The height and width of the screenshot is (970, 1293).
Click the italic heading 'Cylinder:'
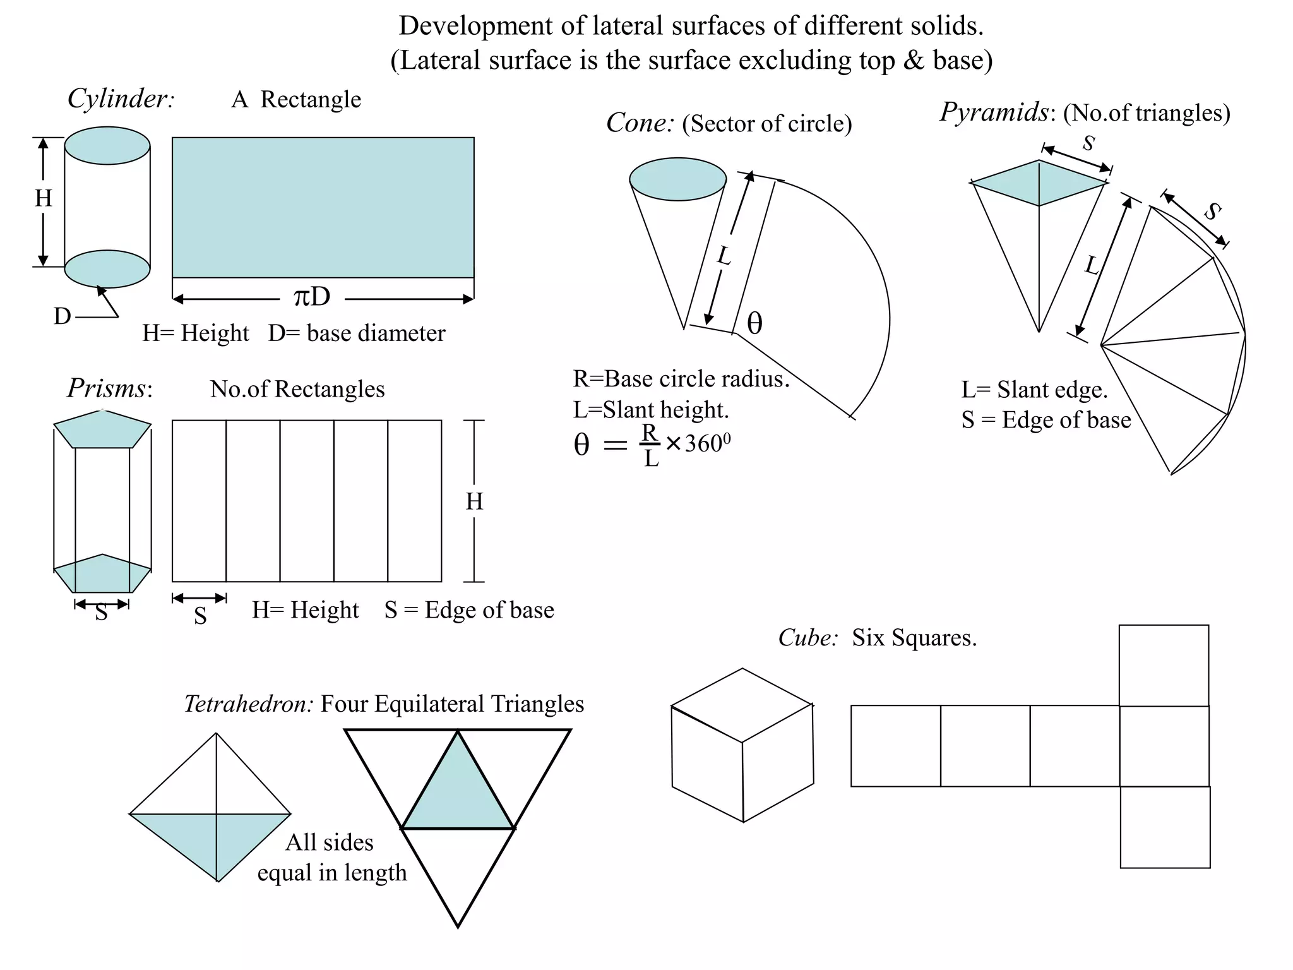pyautogui.click(x=121, y=99)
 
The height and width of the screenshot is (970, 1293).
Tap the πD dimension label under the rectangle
pyautogui.click(x=312, y=297)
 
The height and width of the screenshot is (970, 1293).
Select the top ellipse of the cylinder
pyautogui.click(x=107, y=146)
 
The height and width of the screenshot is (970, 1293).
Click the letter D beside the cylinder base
pyautogui.click(x=62, y=316)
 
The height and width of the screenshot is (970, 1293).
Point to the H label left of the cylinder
pyautogui.click(x=43, y=198)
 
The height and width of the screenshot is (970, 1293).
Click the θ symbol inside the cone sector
pyautogui.click(x=754, y=324)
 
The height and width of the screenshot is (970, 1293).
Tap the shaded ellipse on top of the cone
pyautogui.click(x=677, y=179)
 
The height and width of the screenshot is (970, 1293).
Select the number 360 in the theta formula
pyautogui.click(x=703, y=444)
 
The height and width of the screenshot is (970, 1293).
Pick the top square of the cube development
pyautogui.click(x=1164, y=665)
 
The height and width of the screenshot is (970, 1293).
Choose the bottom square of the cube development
pyautogui.click(x=1165, y=827)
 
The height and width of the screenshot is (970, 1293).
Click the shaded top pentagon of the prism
pyautogui.click(x=102, y=429)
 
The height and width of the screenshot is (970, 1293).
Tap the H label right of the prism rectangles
pyautogui.click(x=474, y=502)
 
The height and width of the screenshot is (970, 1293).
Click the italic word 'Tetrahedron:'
pyautogui.click(x=248, y=704)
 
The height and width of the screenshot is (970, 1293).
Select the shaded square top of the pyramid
pyautogui.click(x=1039, y=183)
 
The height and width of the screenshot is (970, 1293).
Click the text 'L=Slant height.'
pyautogui.click(x=651, y=410)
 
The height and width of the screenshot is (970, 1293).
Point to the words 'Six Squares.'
pyautogui.click(x=914, y=638)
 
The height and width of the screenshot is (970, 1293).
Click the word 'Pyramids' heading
pyautogui.click(x=994, y=112)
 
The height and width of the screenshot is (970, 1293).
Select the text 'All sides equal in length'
pyautogui.click(x=332, y=858)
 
